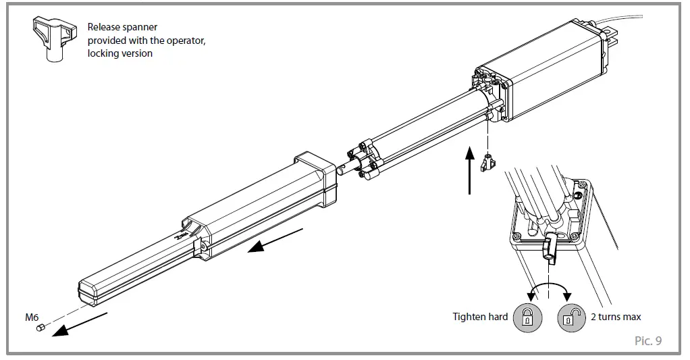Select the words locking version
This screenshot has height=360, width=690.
pyautogui.click(x=120, y=53)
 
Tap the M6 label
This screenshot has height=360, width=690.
pyautogui.click(x=32, y=317)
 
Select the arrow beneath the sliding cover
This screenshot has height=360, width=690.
pyautogui.click(x=275, y=240)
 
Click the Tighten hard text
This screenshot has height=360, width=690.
pyautogui.click(x=480, y=317)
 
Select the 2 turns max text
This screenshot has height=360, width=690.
pyautogui.click(x=616, y=317)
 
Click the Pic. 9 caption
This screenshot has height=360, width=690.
pyautogui.click(x=648, y=340)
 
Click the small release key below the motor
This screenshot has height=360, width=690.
pyautogui.click(x=487, y=163)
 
